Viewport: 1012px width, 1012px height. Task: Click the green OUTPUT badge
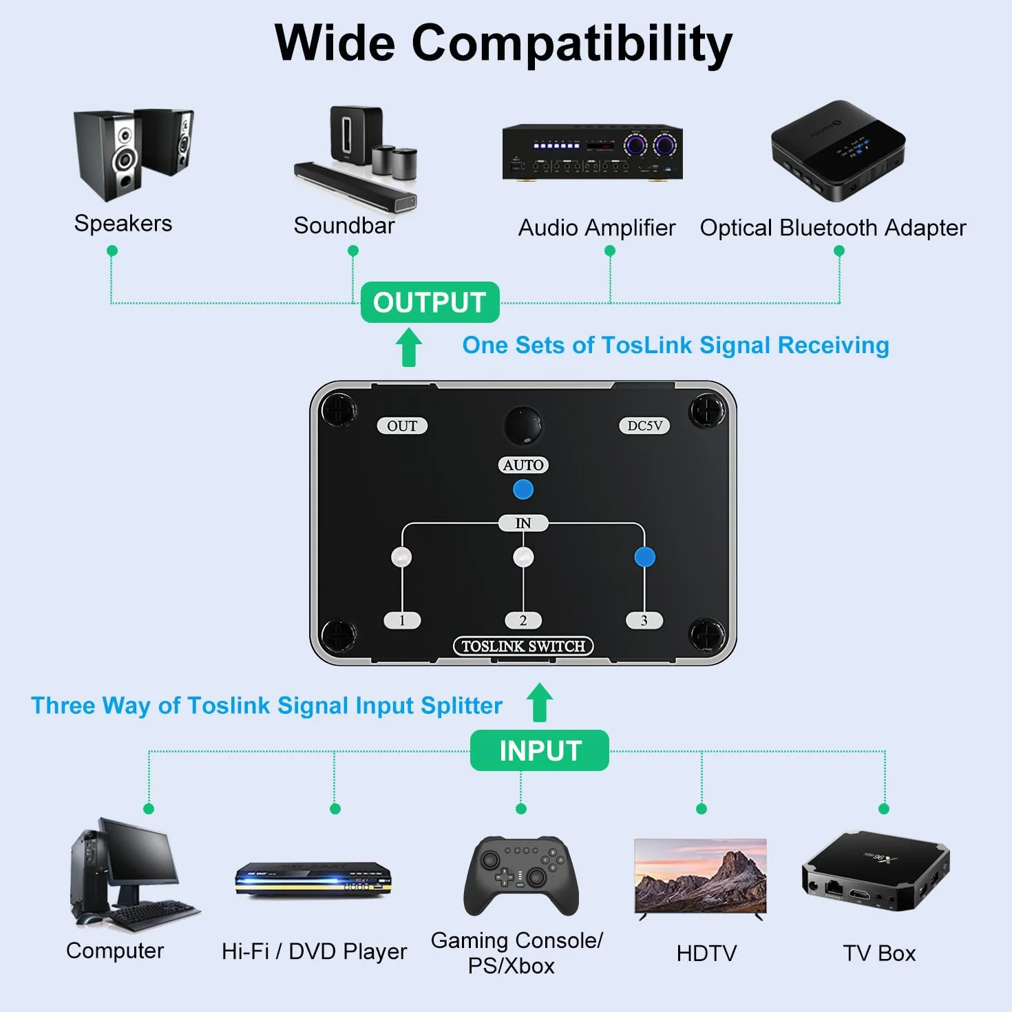430,302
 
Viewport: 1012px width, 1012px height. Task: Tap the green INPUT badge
539,750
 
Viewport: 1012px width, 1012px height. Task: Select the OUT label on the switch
402,425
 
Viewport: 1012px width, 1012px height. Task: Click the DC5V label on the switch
644,425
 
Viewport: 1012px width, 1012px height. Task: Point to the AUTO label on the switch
523,465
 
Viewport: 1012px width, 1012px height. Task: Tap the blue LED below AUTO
523,489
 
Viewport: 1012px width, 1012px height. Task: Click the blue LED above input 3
644,557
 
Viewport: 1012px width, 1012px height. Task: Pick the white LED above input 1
402,557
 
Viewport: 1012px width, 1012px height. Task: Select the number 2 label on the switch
523,620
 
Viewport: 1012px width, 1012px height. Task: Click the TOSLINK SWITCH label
523,646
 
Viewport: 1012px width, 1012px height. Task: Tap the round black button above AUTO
523,424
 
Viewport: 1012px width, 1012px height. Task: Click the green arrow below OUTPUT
408,347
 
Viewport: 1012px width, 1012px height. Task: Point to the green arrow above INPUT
539,702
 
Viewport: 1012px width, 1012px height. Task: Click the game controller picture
521,876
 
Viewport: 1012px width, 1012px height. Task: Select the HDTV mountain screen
701,876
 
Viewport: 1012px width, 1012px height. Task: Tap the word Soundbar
344,225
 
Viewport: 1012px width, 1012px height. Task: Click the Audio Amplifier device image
592,152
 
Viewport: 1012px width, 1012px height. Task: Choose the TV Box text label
879,953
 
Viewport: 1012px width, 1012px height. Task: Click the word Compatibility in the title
572,44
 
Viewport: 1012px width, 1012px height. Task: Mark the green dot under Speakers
112,251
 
